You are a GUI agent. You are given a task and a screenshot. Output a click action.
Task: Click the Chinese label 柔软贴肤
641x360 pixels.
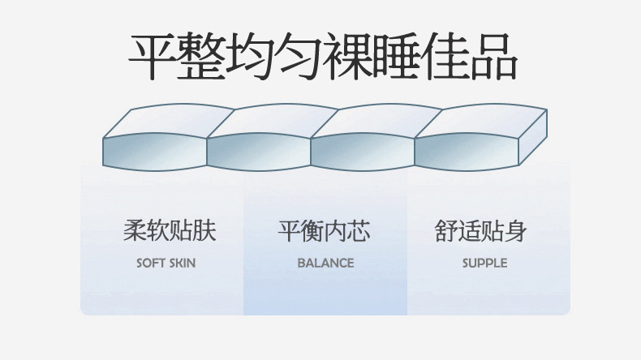coord(170,232)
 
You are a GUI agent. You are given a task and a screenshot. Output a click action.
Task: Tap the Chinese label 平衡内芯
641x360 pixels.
coord(325,232)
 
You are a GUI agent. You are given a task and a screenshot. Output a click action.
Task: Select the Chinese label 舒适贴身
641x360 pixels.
coord(481,232)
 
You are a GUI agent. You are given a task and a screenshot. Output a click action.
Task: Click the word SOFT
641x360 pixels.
coord(151,264)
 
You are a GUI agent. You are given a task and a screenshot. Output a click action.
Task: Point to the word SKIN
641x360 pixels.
coord(182,264)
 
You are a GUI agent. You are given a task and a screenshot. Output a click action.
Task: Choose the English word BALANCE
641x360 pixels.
coord(325,264)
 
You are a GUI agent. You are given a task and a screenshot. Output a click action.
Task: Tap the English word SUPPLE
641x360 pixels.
coord(484,264)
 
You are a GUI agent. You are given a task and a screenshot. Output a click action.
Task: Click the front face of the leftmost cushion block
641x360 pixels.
coord(155,152)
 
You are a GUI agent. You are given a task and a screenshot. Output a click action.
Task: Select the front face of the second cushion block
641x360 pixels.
coord(259,152)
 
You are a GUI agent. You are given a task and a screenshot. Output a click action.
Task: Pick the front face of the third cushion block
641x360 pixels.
coord(363,152)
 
